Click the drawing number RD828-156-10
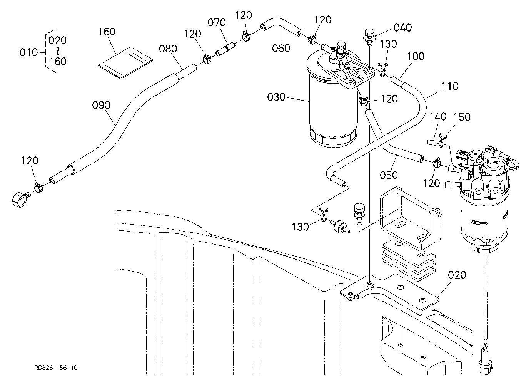click(x=56, y=368)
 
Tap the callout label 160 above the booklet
click(x=107, y=32)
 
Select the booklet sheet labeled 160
click(x=126, y=63)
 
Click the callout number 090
click(x=101, y=105)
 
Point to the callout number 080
click(x=168, y=49)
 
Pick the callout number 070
click(x=217, y=23)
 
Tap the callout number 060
click(x=281, y=49)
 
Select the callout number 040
click(x=403, y=28)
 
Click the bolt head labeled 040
click(x=369, y=37)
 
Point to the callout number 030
click(x=276, y=97)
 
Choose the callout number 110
click(x=450, y=86)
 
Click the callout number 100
click(x=416, y=56)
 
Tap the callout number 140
click(x=438, y=117)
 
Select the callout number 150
click(x=462, y=117)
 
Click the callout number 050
click(x=389, y=175)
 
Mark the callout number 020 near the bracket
click(x=457, y=275)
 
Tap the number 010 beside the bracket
click(x=29, y=52)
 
